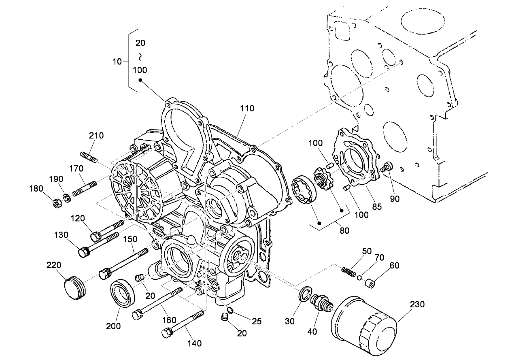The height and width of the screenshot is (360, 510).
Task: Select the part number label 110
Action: tap(246, 108)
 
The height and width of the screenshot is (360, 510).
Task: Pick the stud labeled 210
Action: tap(89, 157)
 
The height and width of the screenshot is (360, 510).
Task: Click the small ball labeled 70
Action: tap(359, 278)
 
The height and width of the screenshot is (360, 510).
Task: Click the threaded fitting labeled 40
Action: tap(321, 303)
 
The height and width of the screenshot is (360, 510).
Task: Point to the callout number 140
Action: tap(194, 344)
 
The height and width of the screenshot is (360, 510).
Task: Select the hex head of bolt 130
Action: tap(84, 252)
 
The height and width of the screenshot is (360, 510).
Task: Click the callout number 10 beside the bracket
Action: tap(117, 62)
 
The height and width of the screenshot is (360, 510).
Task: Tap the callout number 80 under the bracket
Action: tap(345, 230)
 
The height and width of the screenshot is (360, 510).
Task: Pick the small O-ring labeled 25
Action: tap(231, 310)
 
